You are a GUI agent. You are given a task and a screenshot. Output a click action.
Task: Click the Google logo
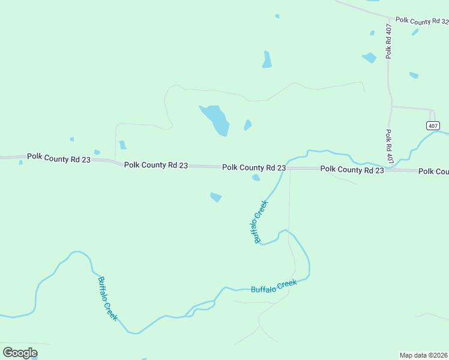(20, 353)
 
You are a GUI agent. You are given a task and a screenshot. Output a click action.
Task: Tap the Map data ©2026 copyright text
(424, 355)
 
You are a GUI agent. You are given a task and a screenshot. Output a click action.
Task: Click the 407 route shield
(433, 125)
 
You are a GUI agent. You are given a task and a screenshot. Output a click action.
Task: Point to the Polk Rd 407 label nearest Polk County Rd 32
(389, 41)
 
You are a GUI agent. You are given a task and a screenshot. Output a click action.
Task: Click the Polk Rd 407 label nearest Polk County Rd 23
(389, 147)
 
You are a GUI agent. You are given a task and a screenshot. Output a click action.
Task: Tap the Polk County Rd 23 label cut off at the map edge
(433, 172)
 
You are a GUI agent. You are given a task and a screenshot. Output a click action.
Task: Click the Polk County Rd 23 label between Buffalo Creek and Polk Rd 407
(352, 170)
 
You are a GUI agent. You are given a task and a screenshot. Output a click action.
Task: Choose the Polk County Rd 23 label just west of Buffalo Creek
(254, 167)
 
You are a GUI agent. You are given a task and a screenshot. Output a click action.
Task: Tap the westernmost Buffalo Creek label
(107, 298)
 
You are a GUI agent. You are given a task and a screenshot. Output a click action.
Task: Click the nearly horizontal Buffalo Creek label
(274, 286)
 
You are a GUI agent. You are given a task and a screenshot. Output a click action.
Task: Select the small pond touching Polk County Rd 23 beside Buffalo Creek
(256, 177)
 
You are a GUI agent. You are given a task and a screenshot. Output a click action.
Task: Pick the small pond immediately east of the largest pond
(247, 125)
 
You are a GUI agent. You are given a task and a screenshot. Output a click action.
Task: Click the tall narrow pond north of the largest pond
(267, 59)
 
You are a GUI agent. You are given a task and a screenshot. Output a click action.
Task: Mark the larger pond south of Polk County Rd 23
(215, 197)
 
